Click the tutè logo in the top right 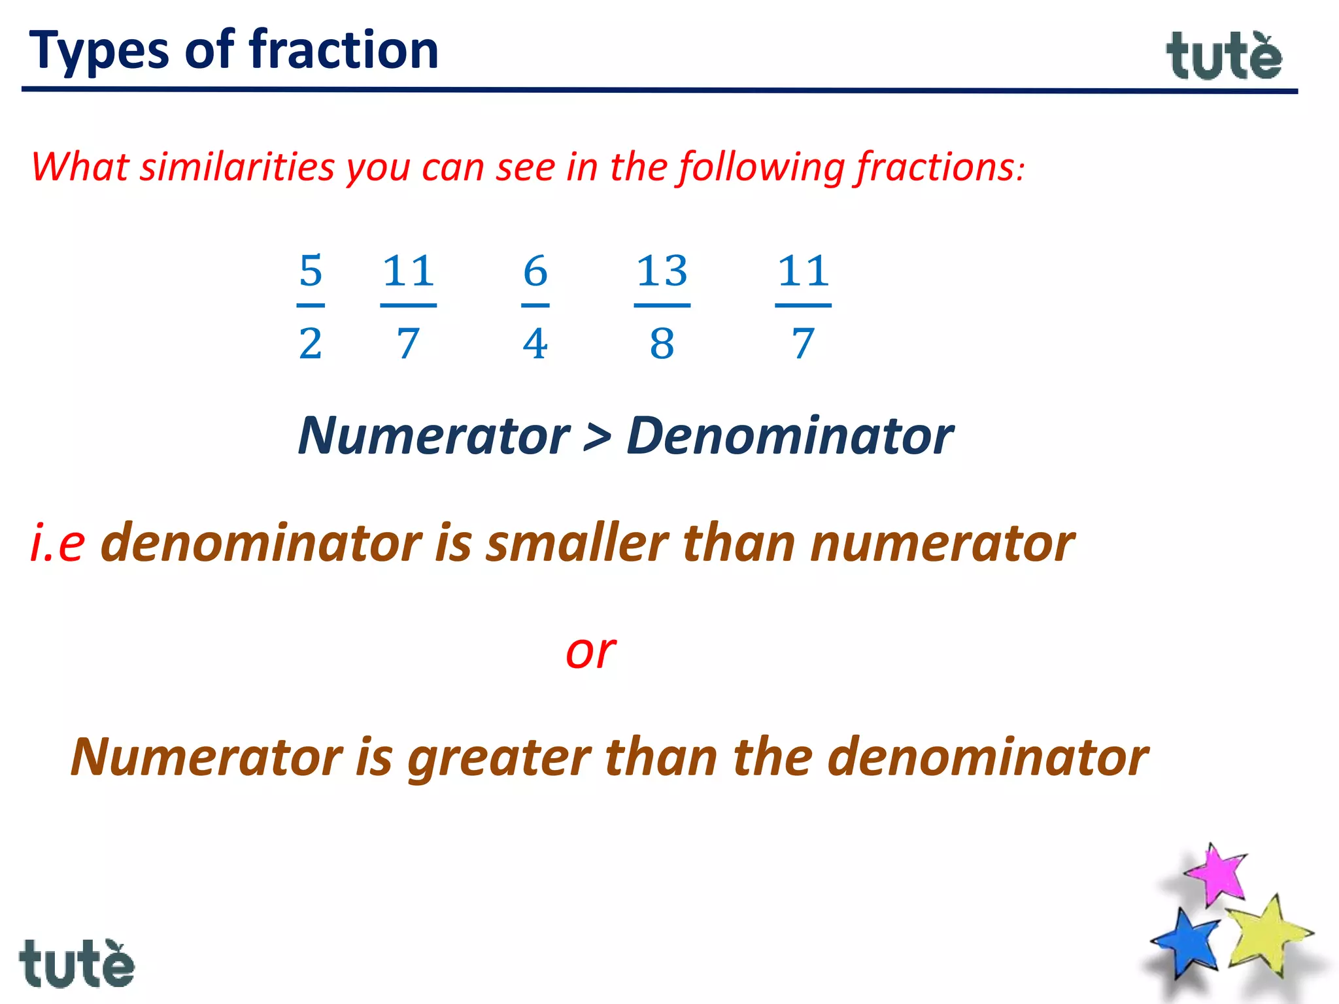[1224, 57]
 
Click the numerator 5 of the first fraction [311, 271]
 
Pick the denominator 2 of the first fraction [311, 344]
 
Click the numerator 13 [662, 271]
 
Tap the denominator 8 [662, 344]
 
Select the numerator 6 [535, 271]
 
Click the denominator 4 [535, 344]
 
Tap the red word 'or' [590, 652]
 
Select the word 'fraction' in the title [344, 50]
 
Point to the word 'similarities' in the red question [237, 167]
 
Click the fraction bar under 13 [662, 305]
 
